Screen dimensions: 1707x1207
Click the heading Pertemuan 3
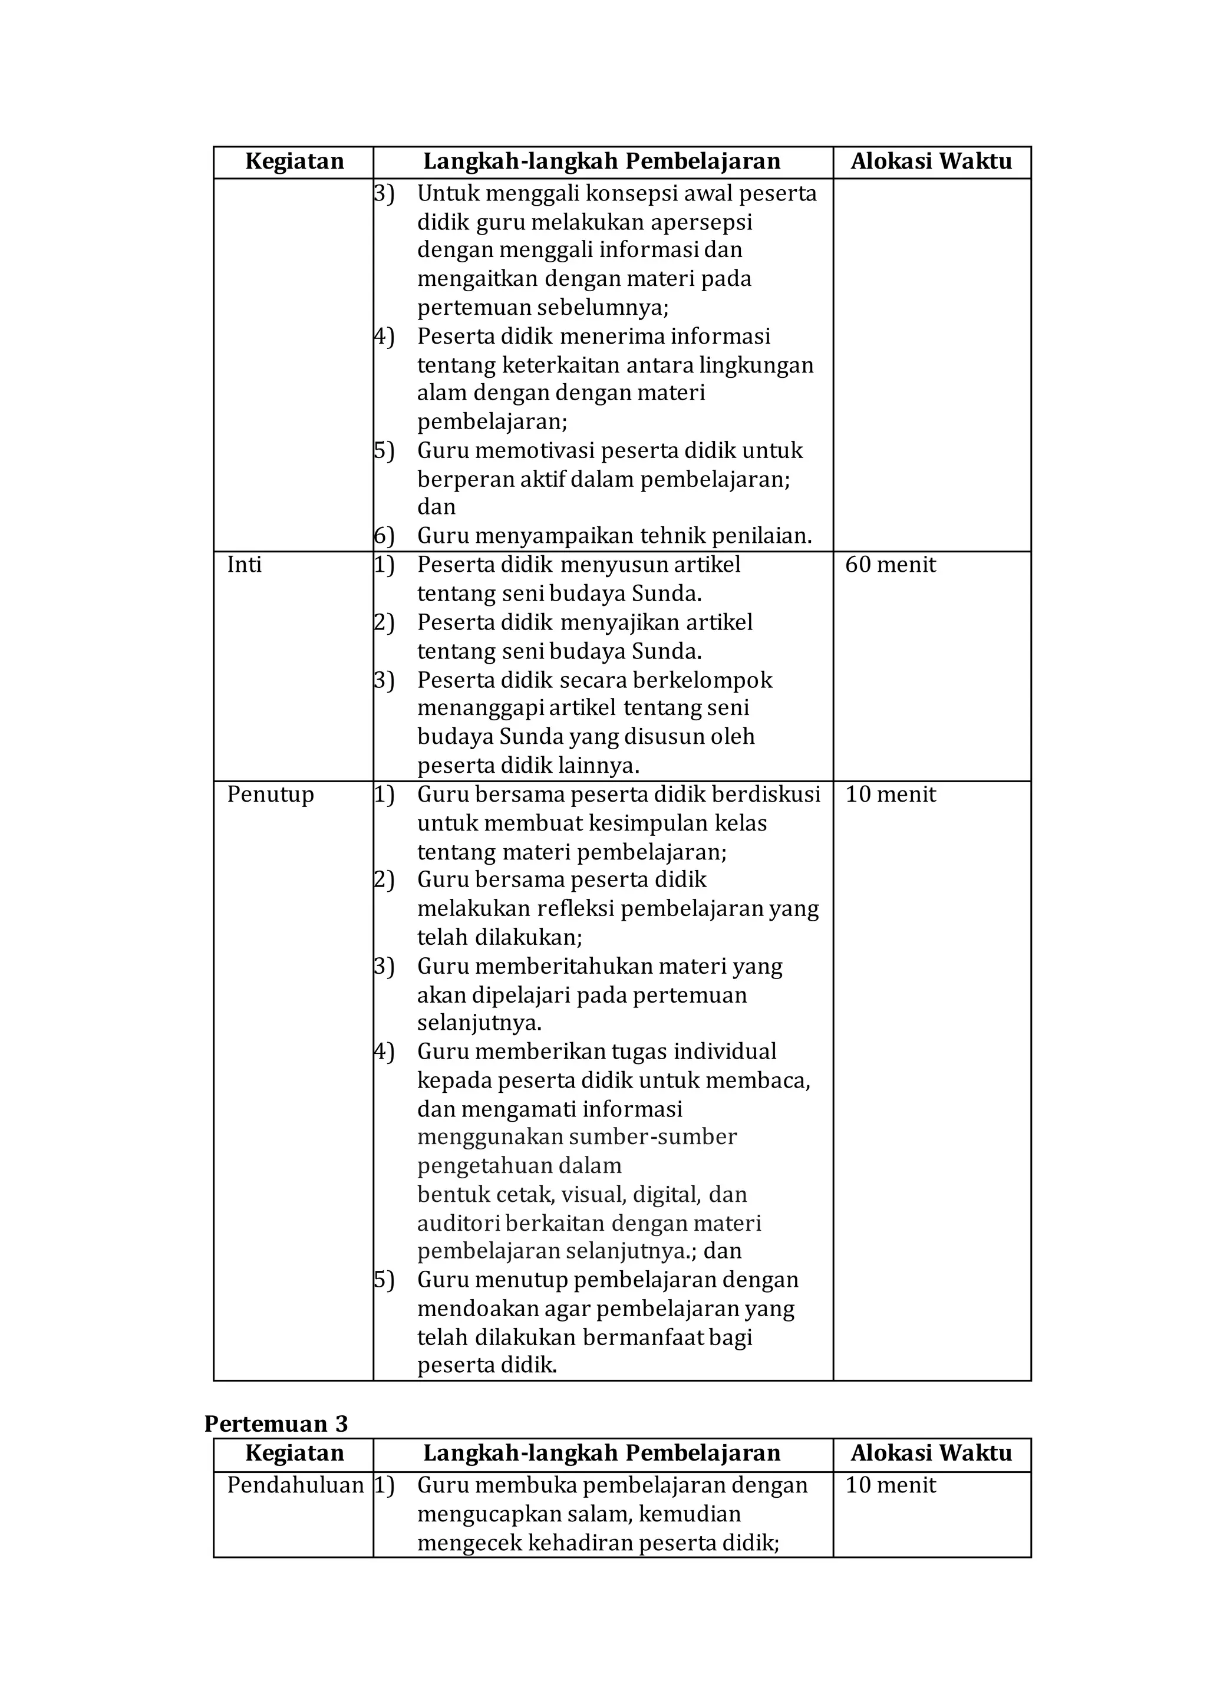(x=276, y=1423)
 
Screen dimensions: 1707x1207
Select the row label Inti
(x=245, y=565)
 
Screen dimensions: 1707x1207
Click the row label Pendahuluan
(x=295, y=1485)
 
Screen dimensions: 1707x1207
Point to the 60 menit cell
(x=891, y=565)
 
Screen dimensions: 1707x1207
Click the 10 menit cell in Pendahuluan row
(x=891, y=1485)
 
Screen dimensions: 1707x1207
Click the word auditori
(x=458, y=1223)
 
